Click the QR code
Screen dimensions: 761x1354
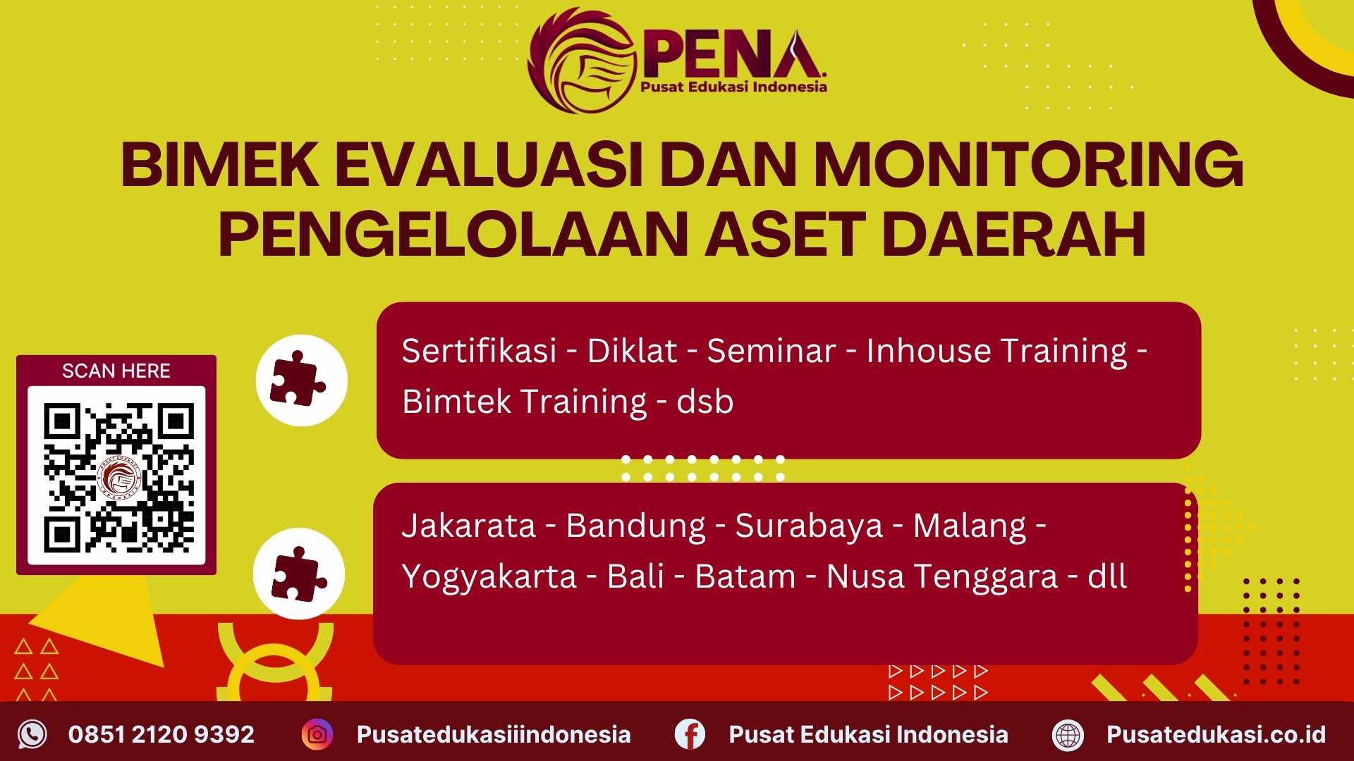117,476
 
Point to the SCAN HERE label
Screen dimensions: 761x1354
116,371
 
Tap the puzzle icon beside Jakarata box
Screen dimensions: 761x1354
299,574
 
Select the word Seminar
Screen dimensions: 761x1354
771,351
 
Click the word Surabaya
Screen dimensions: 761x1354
809,526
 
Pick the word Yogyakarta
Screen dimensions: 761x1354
489,576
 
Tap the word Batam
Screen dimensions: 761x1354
745,576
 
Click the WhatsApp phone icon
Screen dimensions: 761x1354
32,734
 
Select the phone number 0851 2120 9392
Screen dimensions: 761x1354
161,734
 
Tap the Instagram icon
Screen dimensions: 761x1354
317,734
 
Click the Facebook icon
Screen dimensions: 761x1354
690,734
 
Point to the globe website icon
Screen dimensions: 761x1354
1068,734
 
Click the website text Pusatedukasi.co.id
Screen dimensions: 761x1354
1216,734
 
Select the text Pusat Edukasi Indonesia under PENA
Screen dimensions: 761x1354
733,87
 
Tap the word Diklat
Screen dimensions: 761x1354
632,351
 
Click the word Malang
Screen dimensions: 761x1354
970,526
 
